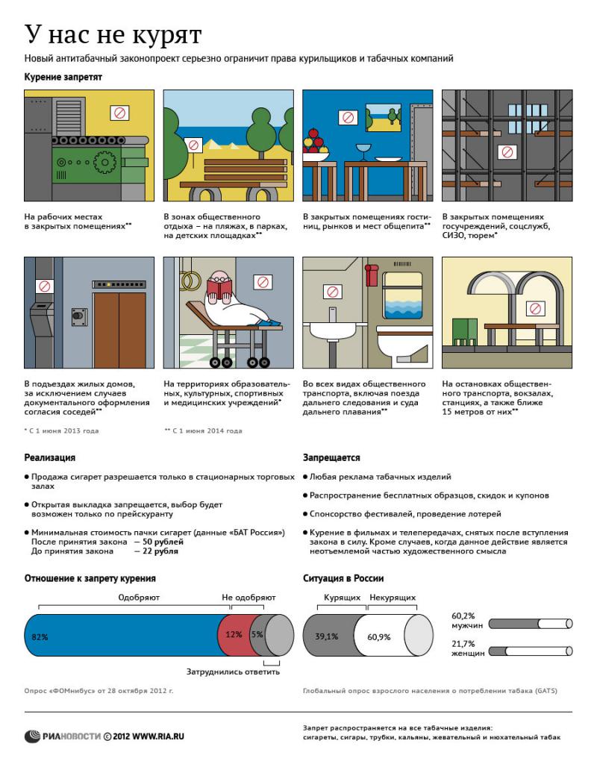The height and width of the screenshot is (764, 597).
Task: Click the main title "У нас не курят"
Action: (x=113, y=35)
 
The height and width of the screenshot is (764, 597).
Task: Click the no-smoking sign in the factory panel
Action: (x=119, y=113)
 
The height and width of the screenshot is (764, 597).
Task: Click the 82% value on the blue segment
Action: (x=40, y=636)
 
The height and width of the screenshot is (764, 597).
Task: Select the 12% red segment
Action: (x=234, y=635)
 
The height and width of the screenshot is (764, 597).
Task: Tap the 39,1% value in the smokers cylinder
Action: (x=327, y=636)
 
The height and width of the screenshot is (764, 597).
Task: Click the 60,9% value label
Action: (x=379, y=637)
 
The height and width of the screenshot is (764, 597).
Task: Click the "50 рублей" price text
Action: (x=163, y=542)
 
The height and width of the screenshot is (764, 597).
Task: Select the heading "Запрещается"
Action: (x=331, y=457)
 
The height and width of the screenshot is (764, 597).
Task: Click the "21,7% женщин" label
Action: (x=463, y=648)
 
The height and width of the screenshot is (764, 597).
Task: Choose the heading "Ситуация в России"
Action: (x=343, y=577)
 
